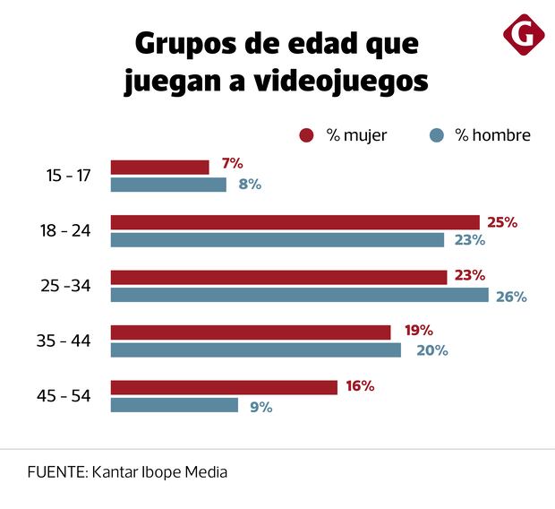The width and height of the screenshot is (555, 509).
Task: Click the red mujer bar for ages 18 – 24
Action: (x=295, y=222)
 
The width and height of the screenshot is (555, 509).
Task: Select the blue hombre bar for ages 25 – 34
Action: (x=299, y=295)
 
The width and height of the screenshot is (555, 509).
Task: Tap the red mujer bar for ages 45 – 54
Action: (x=223, y=387)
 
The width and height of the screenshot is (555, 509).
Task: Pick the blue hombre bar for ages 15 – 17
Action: (x=167, y=185)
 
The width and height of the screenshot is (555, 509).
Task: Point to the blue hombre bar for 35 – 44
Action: (x=255, y=350)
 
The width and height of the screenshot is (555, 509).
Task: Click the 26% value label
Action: (x=511, y=297)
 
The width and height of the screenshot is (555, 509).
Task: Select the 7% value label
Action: (x=232, y=163)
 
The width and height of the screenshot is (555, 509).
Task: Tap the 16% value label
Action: (x=359, y=386)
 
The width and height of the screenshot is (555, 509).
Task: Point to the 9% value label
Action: (x=260, y=406)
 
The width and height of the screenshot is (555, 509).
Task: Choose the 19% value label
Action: (x=418, y=331)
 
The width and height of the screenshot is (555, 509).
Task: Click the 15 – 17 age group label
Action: (x=68, y=176)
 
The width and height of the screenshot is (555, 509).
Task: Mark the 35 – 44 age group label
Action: (x=68, y=341)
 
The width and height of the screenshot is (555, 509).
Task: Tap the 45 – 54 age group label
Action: (x=68, y=396)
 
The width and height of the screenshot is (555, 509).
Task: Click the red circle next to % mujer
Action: (x=306, y=135)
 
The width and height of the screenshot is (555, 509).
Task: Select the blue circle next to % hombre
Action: (x=436, y=135)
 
